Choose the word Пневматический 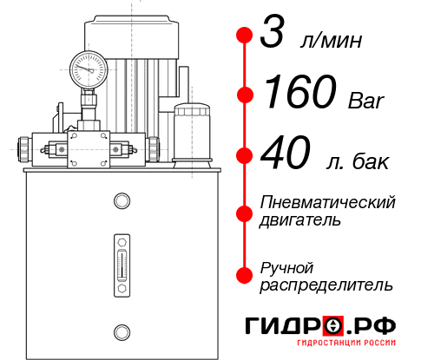(x=328, y=202)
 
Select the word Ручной (x=286, y=266)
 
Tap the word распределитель (x=326, y=284)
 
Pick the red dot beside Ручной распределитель (x=244, y=274)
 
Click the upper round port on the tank (x=121, y=202)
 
